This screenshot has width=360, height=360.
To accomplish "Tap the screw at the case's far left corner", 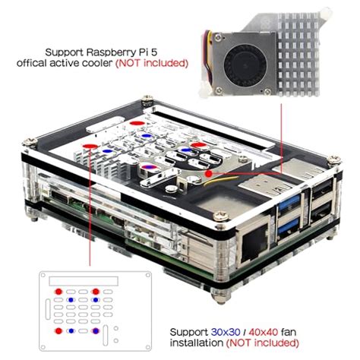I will [x=31, y=141].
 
